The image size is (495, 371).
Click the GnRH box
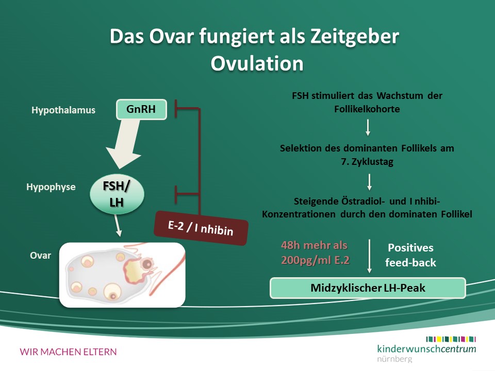pos(141,109)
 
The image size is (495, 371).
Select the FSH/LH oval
pos(117,194)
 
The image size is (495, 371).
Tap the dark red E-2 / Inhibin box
pos(201,228)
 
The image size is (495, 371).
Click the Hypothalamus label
pos(63,110)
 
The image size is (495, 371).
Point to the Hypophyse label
pos(51,187)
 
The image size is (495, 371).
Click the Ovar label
pos(40,255)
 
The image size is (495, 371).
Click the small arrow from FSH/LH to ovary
pos(117,225)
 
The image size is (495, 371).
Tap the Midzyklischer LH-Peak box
pos(368,288)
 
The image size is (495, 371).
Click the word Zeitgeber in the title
pos(355,37)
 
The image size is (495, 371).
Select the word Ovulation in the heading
pos(257,63)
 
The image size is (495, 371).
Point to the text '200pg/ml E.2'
pos(316,260)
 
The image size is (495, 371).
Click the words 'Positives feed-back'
pos(411,255)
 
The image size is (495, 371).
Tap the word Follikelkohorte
pos(367,109)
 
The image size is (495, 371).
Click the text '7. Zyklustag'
pos(367,162)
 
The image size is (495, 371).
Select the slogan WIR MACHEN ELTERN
pos(68,352)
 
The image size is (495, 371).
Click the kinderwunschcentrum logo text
pos(426,349)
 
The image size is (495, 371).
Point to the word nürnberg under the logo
pos(394,359)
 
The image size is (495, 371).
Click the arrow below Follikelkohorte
pos(368,127)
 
